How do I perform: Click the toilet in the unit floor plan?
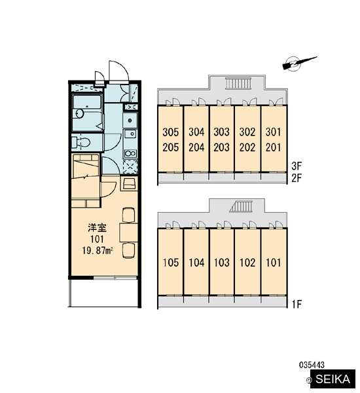[x=81, y=143]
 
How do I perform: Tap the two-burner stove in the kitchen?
[x=130, y=153]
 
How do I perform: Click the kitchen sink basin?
[x=130, y=134]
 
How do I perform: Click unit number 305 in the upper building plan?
[x=171, y=132]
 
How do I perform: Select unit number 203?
[x=221, y=147]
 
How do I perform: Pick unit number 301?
[x=274, y=132]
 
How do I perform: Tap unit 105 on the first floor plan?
[x=171, y=263]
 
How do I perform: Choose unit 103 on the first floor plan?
[x=222, y=263]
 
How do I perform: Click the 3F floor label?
[x=297, y=166]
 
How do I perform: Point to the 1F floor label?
[x=297, y=305]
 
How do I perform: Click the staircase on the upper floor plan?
[x=238, y=83]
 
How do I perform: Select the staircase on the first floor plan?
[x=242, y=207]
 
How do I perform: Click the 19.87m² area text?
[x=98, y=251]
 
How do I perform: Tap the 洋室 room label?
[x=98, y=228]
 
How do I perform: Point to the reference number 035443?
[x=312, y=365]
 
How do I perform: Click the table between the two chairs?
[x=128, y=233]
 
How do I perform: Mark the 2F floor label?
[x=297, y=178]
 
